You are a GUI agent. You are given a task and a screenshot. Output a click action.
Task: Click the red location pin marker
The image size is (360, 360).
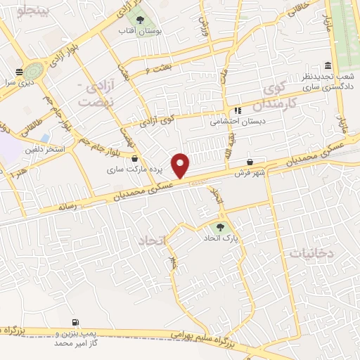point(181,165)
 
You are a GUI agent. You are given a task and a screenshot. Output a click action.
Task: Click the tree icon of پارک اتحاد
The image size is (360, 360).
point(221,227)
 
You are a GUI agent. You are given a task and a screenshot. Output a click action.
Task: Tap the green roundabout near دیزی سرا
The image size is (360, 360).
point(32,70)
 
